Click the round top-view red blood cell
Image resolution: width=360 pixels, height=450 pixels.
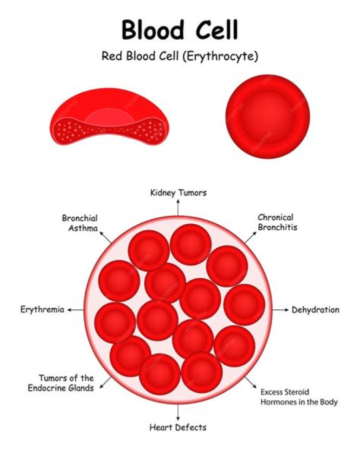[267, 117]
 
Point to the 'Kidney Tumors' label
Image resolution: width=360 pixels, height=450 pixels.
[178, 193]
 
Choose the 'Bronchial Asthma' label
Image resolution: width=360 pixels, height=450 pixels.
[79, 223]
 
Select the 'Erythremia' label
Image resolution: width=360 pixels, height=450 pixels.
[42, 310]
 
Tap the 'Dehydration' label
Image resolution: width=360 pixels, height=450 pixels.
[315, 310]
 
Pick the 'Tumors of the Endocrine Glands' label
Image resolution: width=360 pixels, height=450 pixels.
[66, 383]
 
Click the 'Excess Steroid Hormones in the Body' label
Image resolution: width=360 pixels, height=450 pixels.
[299, 397]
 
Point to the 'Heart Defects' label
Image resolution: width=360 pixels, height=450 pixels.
[178, 427]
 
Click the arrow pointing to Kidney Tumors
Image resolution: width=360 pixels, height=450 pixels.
[178, 206]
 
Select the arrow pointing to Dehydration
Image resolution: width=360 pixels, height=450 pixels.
[279, 310]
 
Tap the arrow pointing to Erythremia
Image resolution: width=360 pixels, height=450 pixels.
[76, 310]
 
